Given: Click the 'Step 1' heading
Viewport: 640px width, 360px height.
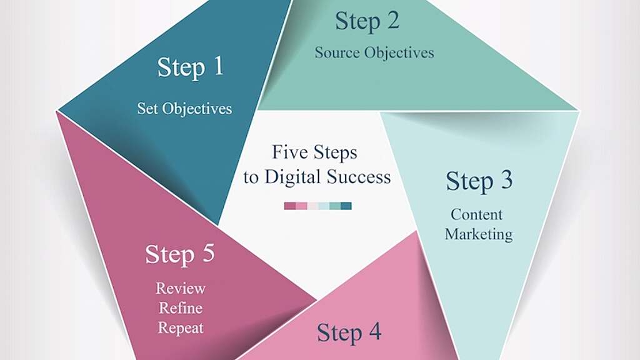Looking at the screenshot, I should (190, 67).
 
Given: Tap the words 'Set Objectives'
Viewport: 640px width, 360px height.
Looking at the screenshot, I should (184, 108).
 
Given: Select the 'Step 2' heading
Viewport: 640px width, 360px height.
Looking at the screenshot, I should (366, 22).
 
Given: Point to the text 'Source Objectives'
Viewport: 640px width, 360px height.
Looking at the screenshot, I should (374, 52).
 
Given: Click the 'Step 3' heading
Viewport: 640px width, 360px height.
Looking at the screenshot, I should (479, 181).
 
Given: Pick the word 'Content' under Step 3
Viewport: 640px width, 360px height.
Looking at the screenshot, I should (476, 214).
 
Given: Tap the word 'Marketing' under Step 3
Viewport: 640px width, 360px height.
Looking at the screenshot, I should (479, 234).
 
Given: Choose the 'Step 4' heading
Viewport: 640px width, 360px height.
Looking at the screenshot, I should (349, 332).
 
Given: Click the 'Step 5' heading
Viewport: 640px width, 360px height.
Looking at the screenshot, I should (179, 254).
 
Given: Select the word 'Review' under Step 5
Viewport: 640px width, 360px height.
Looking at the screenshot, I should (181, 288).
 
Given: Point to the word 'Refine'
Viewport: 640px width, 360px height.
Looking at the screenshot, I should (181, 308).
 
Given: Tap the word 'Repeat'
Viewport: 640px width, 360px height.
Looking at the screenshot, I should (181, 327).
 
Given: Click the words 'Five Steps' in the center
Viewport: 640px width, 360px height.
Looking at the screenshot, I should (314, 152).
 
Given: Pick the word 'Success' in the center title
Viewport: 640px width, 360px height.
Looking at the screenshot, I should (359, 177).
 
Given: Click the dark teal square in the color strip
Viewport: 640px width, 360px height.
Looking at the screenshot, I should (346, 206).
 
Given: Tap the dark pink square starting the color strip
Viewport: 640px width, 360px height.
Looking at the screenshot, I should (289, 206).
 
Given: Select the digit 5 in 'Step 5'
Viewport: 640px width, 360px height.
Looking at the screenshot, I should (207, 254).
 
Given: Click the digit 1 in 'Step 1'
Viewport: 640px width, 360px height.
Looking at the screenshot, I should (217, 67).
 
